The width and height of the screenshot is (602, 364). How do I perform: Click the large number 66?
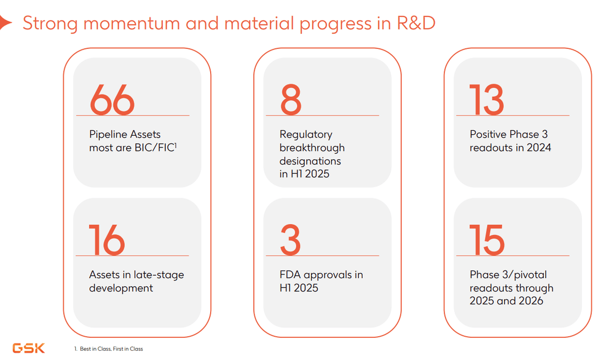click(x=112, y=100)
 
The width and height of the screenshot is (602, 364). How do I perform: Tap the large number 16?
click(x=107, y=240)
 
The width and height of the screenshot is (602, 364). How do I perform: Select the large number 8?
click(x=290, y=100)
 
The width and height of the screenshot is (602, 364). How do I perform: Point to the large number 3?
click(x=290, y=240)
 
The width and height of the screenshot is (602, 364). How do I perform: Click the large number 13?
click(x=487, y=100)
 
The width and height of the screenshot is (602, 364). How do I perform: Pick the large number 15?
click(x=487, y=240)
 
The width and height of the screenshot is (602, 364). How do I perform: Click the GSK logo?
click(x=28, y=348)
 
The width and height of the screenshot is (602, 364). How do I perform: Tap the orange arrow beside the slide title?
click(x=6, y=23)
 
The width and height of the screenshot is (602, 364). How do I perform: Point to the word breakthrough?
click(x=312, y=147)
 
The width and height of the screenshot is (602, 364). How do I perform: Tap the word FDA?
click(x=290, y=275)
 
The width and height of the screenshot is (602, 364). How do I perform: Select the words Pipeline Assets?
click(x=125, y=134)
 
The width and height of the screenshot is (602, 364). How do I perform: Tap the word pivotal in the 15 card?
click(x=528, y=275)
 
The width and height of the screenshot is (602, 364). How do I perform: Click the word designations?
click(x=310, y=161)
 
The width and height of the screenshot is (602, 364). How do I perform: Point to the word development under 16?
click(x=120, y=288)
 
